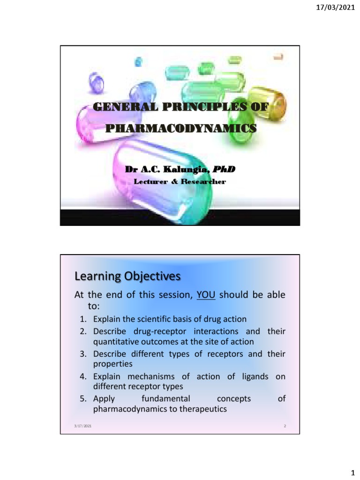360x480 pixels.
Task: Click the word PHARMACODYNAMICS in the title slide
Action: tap(180, 127)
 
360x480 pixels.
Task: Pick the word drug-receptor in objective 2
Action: tap(150, 331)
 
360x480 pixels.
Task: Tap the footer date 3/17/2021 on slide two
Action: tap(82, 426)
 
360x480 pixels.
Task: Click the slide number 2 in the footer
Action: tap(285, 426)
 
